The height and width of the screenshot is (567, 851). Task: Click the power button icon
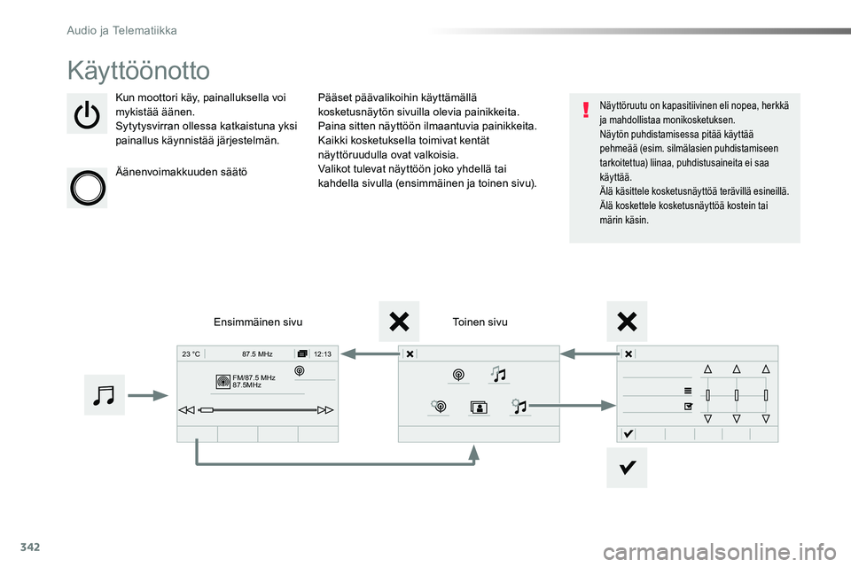click(x=87, y=114)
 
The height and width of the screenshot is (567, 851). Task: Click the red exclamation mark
click(x=586, y=110)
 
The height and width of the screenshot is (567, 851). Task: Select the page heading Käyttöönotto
click(x=138, y=71)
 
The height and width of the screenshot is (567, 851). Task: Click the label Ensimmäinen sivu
click(x=258, y=322)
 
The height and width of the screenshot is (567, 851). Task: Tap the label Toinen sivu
click(x=480, y=322)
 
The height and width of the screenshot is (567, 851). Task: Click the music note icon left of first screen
click(x=104, y=395)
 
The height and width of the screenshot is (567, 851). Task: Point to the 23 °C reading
click(x=191, y=354)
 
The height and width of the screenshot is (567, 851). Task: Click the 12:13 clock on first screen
click(x=323, y=354)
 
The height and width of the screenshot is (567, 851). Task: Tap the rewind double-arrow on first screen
click(x=186, y=410)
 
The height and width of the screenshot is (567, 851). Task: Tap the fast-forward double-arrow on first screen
click(x=325, y=410)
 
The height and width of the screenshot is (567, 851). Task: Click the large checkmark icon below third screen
click(x=627, y=467)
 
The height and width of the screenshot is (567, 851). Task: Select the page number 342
click(x=30, y=547)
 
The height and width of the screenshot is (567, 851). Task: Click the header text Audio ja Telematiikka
click(x=121, y=30)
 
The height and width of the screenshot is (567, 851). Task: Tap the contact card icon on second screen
click(x=479, y=408)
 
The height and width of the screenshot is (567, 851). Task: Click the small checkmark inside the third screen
click(x=628, y=434)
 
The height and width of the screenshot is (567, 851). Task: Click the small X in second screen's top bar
click(x=410, y=354)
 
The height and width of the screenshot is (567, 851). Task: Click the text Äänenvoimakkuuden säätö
click(x=181, y=173)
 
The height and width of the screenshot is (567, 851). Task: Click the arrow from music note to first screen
click(x=148, y=395)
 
